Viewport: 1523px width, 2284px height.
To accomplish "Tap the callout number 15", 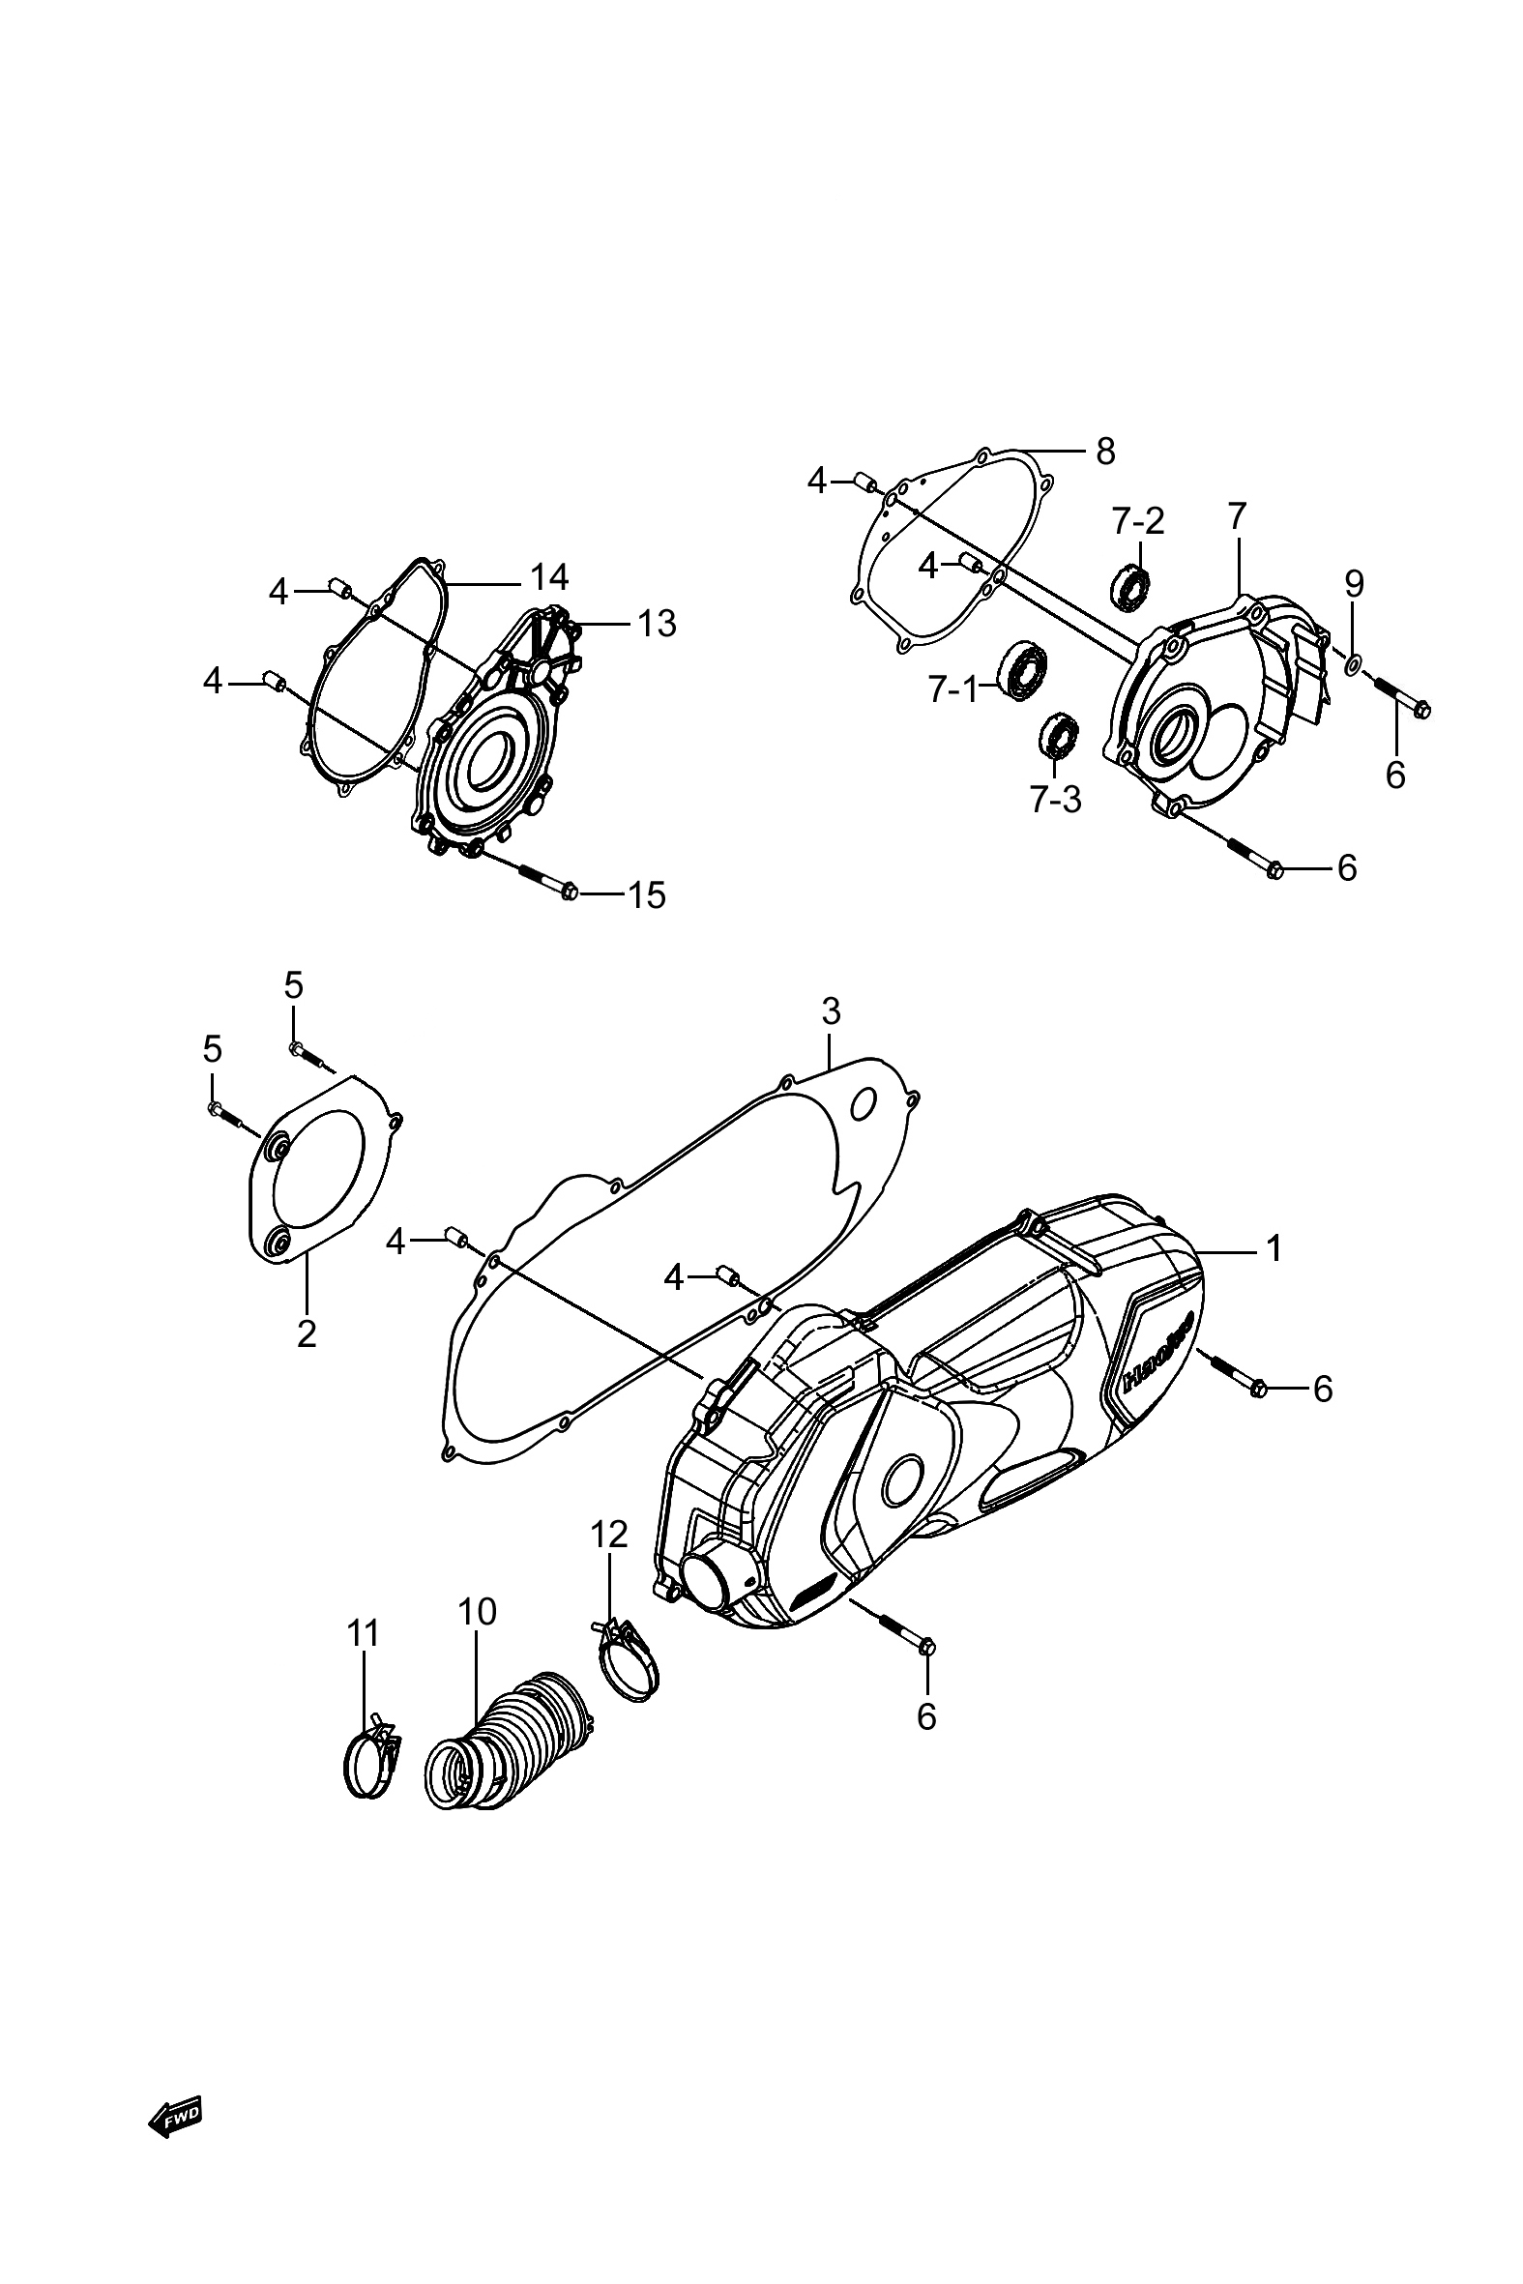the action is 646,894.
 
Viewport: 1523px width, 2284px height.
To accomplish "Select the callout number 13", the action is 656,624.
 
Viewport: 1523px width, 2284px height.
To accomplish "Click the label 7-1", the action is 952,689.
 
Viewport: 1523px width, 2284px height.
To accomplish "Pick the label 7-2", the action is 1138,521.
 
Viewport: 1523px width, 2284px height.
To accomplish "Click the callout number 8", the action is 1105,451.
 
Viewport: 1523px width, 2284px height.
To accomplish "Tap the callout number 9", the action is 1354,584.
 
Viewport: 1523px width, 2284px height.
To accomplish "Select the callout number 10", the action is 477,1612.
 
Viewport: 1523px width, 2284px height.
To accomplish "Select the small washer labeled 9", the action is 1352,665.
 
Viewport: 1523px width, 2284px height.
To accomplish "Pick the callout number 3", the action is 831,1011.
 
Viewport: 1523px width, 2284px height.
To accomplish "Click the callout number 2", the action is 307,1334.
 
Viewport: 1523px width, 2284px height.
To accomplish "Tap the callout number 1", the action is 1274,1247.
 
